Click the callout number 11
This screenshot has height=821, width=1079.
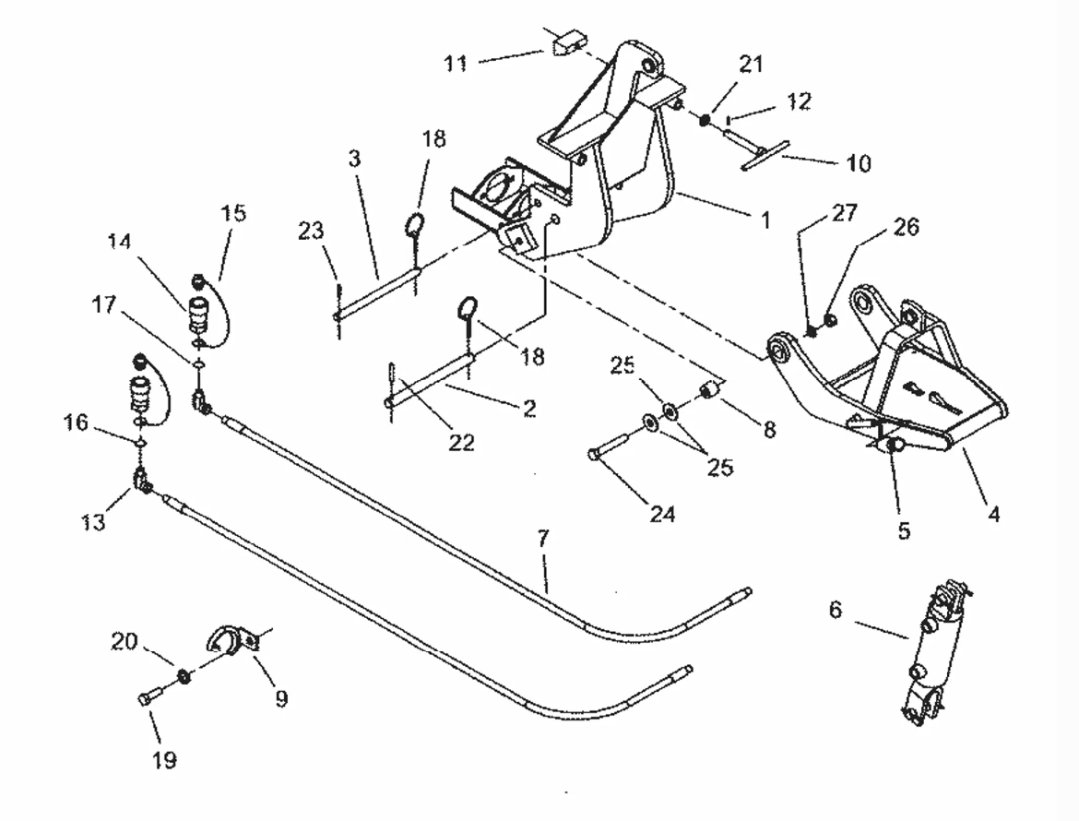[455, 63]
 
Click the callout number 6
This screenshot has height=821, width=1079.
[835, 610]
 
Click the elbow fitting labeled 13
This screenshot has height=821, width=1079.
[143, 481]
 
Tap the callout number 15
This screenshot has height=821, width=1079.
[234, 214]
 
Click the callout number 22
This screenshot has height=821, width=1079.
[461, 443]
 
